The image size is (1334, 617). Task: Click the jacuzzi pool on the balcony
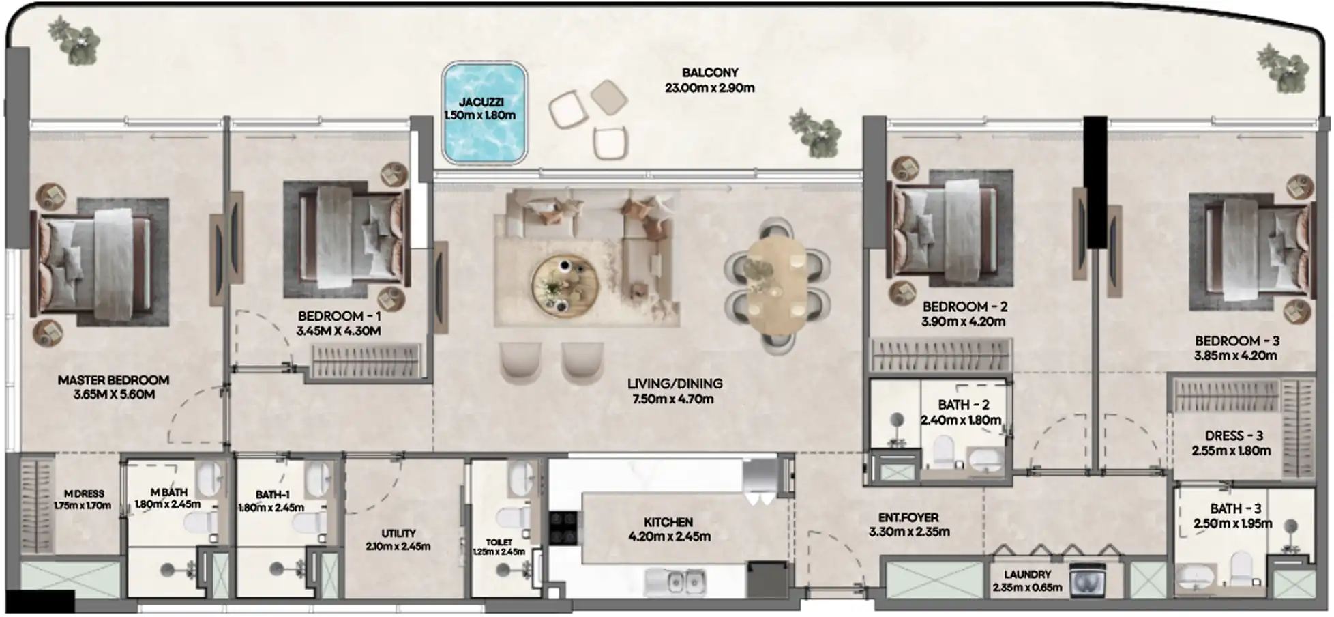click(484, 113)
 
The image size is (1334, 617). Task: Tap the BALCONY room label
click(710, 72)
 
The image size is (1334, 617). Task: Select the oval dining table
click(776, 285)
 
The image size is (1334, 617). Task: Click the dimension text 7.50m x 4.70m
click(672, 399)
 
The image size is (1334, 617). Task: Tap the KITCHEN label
click(668, 522)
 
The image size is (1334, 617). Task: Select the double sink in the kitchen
click(675, 582)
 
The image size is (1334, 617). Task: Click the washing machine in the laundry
click(1087, 581)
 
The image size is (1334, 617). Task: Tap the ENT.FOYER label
click(908, 518)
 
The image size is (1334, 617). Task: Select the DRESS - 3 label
click(1234, 435)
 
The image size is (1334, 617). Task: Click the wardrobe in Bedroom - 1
click(366, 360)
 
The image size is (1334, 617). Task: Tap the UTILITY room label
click(398, 533)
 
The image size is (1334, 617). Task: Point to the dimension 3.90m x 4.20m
click(963, 321)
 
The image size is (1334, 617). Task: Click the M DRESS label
click(84, 493)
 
